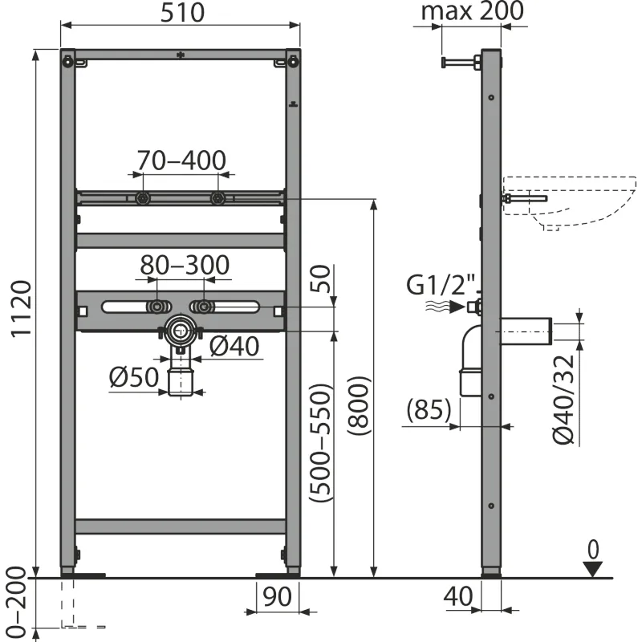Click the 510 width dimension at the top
click(x=182, y=13)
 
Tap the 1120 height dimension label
click(x=22, y=309)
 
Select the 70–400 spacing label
click(x=181, y=160)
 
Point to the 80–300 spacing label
click(x=185, y=266)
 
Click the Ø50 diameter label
click(x=134, y=377)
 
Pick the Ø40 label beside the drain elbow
click(x=234, y=347)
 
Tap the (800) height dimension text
click(x=359, y=406)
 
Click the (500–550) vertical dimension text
click(x=319, y=444)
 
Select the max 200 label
click(x=473, y=11)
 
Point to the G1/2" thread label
click(x=442, y=285)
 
